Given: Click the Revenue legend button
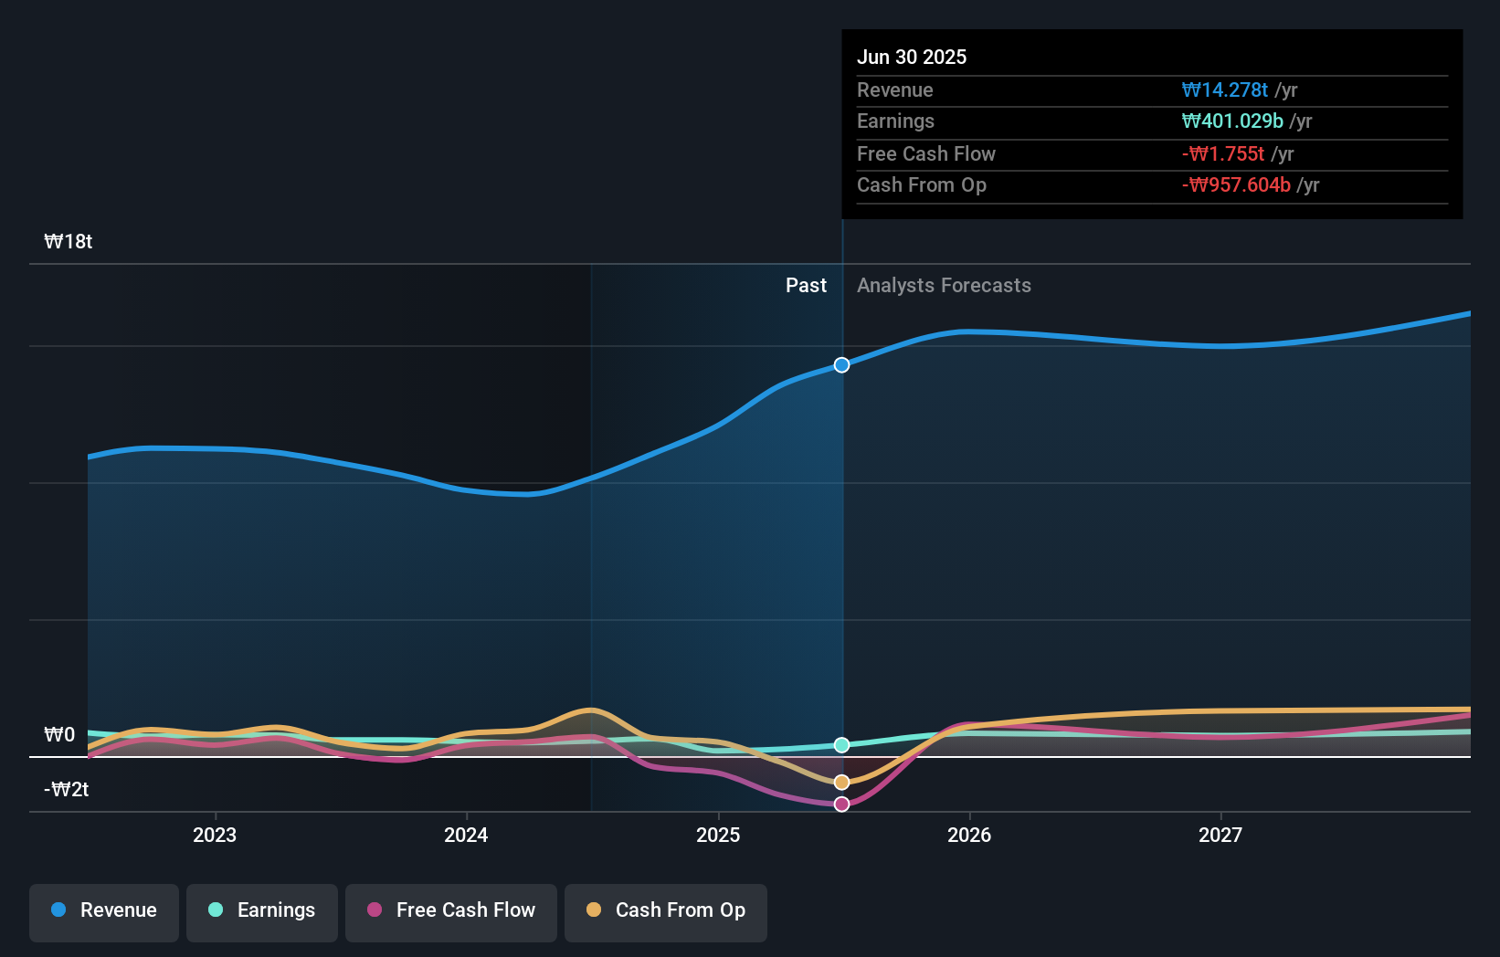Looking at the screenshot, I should [x=104, y=911].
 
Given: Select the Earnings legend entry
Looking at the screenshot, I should [x=262, y=911].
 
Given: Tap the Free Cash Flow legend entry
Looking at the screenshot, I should [x=451, y=911].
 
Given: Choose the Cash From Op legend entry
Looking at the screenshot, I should [x=666, y=911].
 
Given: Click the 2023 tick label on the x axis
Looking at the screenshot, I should [x=215, y=836].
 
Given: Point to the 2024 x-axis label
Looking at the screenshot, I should [x=466, y=836].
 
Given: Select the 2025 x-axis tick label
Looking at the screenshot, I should [x=718, y=836].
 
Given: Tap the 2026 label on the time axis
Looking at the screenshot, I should [x=969, y=836].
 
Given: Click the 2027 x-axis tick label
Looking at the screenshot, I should [x=1220, y=836].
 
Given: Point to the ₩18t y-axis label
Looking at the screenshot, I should [x=69, y=242].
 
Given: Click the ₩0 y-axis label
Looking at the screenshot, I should [x=59, y=735].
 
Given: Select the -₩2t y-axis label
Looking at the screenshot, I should [x=67, y=790].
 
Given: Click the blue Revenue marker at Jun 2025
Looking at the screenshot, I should [x=841, y=365].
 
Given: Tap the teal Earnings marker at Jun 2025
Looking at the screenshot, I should [x=841, y=745].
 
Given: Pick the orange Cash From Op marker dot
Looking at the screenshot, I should [x=841, y=783].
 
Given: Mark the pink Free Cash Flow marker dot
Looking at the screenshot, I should [x=841, y=805].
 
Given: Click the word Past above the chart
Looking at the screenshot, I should [x=806, y=286].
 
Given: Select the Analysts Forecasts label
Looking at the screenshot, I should [x=944, y=286].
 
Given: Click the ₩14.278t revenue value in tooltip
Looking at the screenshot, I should [x=1224, y=90].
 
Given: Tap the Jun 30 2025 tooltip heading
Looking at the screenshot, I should [x=912, y=58].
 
